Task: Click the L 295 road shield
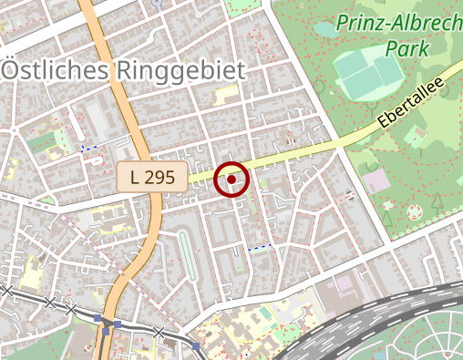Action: coord(152,178)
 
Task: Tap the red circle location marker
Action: coord(232,180)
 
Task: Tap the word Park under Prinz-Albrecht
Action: coord(408,46)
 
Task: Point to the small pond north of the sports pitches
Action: coord(327,27)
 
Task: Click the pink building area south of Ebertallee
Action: coord(377,180)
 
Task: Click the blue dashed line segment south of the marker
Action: coord(261,246)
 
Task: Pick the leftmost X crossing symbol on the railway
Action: coord(8,291)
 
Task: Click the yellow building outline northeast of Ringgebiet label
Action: coord(225,94)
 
